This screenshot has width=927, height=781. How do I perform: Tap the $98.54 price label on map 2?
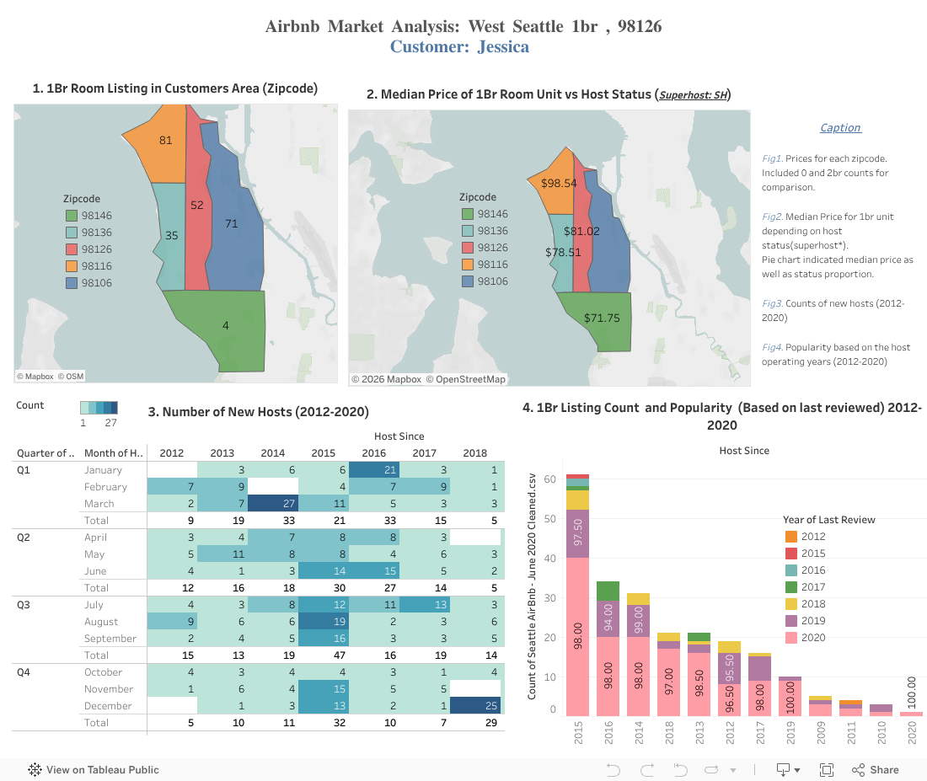point(559,183)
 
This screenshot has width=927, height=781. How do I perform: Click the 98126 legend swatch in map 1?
point(72,249)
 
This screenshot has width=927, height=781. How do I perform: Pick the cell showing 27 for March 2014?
point(273,504)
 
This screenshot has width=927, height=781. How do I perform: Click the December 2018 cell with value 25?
point(474,706)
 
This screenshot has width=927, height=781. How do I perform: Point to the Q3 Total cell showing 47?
point(324,655)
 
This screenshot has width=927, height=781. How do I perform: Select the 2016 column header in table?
point(373,453)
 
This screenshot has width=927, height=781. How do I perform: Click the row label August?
point(103,622)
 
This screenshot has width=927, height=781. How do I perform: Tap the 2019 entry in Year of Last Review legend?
point(790,621)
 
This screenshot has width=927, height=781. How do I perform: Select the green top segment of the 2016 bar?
point(608,590)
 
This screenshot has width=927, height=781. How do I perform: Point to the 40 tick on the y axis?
point(551,558)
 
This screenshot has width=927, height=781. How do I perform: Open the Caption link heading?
point(840,128)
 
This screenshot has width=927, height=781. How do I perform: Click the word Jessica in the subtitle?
point(503,47)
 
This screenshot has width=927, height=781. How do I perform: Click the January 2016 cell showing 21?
point(373,470)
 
